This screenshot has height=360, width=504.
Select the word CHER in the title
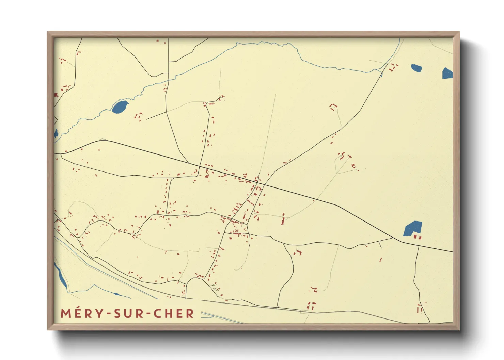pos(174,313)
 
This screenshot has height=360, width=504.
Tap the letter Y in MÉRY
pos(99,313)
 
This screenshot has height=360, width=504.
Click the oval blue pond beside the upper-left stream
pos(120,107)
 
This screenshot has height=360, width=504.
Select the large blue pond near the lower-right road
pos(413,228)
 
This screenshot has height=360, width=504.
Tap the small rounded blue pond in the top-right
pos(416,68)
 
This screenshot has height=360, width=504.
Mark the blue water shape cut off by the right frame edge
pos(447,73)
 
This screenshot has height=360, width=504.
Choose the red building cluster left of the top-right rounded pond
pos(393,67)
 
